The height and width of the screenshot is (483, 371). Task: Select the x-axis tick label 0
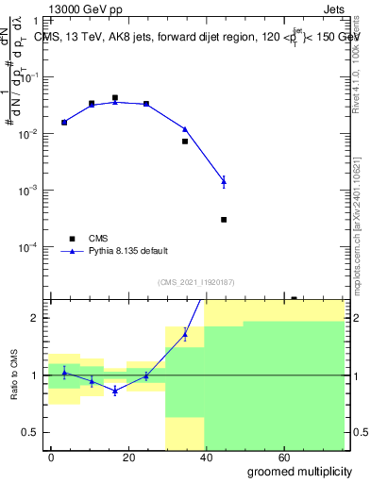(x=52, y=457)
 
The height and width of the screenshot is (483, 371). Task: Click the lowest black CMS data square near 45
(x=224, y=220)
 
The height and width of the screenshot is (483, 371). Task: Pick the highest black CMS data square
(x=115, y=97)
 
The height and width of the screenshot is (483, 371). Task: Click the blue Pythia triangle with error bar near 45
(x=224, y=180)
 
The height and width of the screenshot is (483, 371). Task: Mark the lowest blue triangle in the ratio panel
(x=115, y=391)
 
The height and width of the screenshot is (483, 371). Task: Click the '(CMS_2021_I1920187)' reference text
(x=195, y=281)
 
